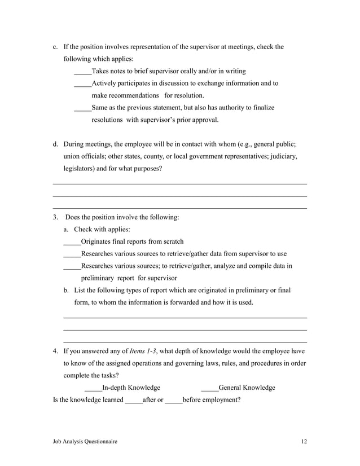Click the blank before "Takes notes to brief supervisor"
82,72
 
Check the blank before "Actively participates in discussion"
82,84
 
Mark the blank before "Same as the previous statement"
82,108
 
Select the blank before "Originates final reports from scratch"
72,243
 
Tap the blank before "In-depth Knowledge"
93,388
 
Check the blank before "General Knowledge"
209,388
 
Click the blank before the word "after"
133,401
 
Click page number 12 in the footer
304,442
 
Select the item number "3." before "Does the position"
55,217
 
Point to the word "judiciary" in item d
283,156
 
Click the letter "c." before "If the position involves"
55,47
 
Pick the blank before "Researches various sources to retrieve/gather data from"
72,254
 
